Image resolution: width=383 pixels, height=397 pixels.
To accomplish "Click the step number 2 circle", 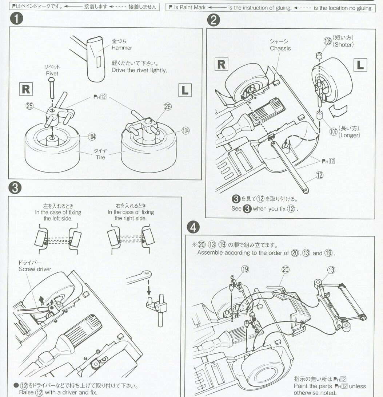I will pyautogui.click(x=213, y=20).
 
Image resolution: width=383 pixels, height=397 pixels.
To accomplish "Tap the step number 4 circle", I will pyautogui.click(x=193, y=227).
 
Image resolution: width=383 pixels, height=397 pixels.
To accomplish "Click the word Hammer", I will pyautogui.click(x=121, y=48).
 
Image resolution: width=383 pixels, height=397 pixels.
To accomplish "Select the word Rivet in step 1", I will pyautogui.click(x=52, y=73).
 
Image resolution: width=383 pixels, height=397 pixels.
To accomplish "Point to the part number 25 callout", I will pyautogui.click(x=29, y=106).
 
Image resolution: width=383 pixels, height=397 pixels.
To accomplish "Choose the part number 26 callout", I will pyautogui.click(x=167, y=106).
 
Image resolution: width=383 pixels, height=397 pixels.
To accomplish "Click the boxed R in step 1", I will pyautogui.click(x=26, y=89).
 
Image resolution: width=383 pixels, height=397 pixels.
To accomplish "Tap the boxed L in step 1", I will pyautogui.click(x=185, y=90).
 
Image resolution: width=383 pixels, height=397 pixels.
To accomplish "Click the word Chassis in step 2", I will pyautogui.click(x=280, y=48).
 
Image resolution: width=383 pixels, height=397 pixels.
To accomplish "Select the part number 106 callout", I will pyautogui.click(x=327, y=41).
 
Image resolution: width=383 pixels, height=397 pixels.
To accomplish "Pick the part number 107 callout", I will pyautogui.click(x=333, y=131).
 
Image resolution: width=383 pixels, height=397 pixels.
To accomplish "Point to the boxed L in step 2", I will pyautogui.click(x=360, y=65).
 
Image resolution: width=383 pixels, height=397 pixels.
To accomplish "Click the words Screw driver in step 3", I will pyautogui.click(x=35, y=269).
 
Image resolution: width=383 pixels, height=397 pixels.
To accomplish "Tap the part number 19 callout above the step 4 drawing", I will pyautogui.click(x=245, y=269).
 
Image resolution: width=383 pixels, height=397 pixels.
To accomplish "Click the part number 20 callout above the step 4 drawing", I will pyautogui.click(x=285, y=269).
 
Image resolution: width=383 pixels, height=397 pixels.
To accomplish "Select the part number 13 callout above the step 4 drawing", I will pyautogui.click(x=331, y=270).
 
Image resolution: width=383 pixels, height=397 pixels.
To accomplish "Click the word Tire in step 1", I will pyautogui.click(x=100, y=157).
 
